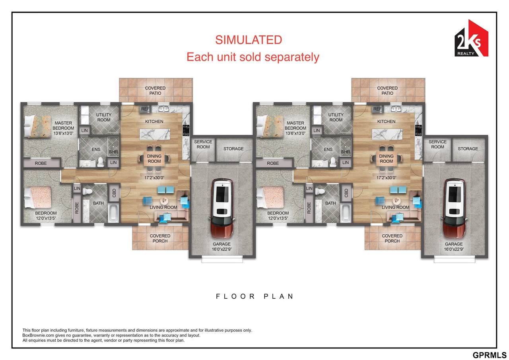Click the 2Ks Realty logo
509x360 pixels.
(x=471, y=39)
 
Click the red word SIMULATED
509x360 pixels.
(x=249, y=40)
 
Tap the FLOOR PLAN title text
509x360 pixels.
(x=254, y=296)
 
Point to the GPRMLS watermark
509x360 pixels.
(x=490, y=355)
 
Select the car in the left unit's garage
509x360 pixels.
(x=222, y=208)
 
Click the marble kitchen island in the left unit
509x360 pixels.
(x=155, y=134)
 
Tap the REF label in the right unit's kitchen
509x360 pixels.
(x=377, y=109)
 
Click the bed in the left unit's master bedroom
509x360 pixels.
(x=37, y=126)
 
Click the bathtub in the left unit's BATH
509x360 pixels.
(x=113, y=213)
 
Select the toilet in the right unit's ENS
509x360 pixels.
(x=333, y=162)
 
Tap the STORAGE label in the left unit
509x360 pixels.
(x=233, y=149)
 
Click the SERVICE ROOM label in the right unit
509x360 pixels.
(x=437, y=144)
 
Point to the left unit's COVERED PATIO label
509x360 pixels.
(x=155, y=90)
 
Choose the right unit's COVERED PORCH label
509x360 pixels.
(x=392, y=238)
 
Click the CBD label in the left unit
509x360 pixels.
(x=114, y=193)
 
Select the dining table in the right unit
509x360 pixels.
(x=386, y=159)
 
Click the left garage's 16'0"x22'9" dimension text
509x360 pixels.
(x=222, y=249)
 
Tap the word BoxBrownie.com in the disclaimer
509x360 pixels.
(x=38, y=335)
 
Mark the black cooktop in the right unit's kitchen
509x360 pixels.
(x=418, y=130)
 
